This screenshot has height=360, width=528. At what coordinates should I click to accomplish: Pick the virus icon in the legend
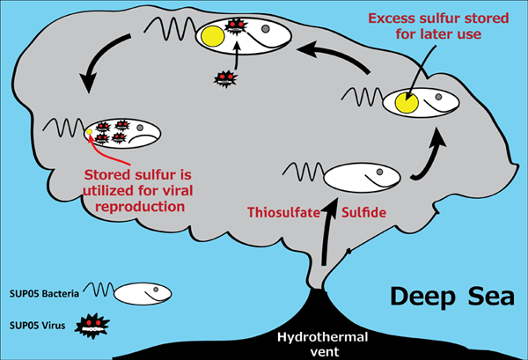coord(91,327)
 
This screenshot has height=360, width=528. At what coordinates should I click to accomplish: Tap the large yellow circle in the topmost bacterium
coord(212,37)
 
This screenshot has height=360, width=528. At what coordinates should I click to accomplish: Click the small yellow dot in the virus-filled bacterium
coord(89,133)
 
